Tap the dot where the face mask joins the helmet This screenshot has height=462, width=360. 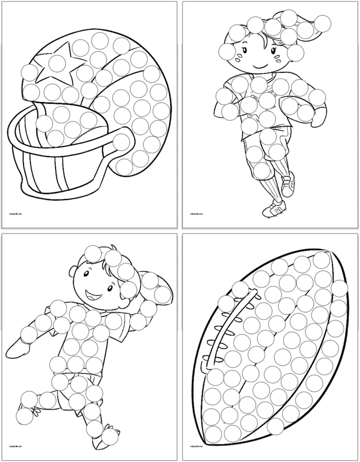click(x=121, y=142)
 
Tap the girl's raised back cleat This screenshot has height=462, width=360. click(x=288, y=186)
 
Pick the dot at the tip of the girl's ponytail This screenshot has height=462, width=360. click(x=323, y=21)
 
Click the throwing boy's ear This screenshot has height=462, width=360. click(x=73, y=274)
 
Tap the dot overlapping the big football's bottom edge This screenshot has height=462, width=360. click(x=275, y=426)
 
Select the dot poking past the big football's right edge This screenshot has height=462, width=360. click(x=339, y=288)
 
